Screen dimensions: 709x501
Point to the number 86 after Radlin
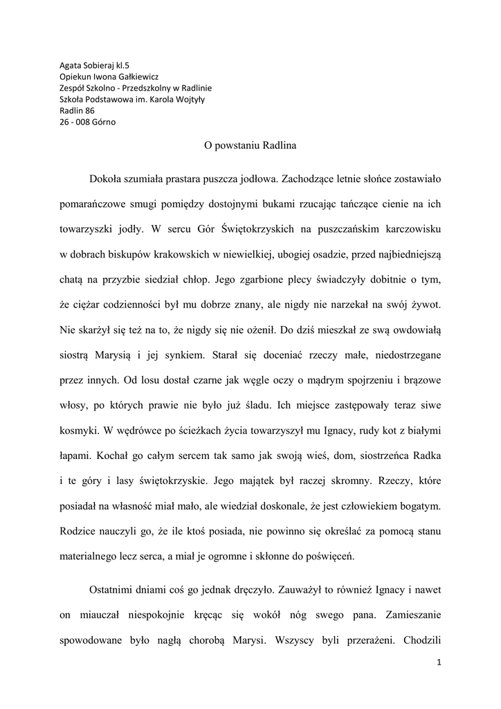89,110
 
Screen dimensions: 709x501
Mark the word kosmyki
78,429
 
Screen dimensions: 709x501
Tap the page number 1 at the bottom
439,663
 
